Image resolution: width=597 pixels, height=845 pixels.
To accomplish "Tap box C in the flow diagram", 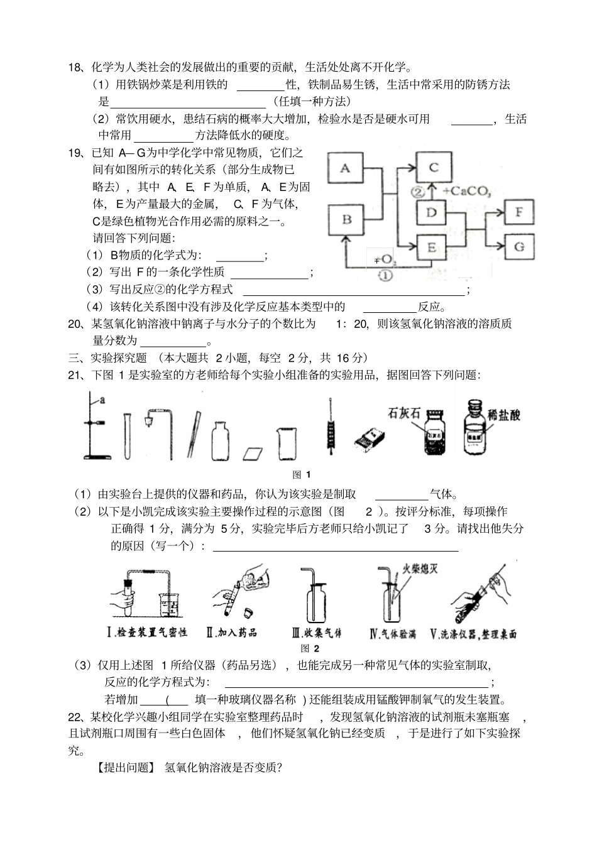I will point(433,167).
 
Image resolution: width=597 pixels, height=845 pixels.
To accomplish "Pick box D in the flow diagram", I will point(431,212).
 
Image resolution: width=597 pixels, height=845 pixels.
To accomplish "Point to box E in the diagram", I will point(431,248).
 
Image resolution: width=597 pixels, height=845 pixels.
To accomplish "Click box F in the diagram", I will point(519,212).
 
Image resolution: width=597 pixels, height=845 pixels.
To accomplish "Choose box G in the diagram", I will point(519,246).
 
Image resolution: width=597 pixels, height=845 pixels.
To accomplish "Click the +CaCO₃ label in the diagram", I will point(466,191).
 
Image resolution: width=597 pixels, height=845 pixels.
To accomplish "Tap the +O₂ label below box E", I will point(383,259).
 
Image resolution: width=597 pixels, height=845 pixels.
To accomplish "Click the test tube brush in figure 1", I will point(331,427).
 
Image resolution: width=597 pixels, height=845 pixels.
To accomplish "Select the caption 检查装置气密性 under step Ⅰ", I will point(152,633).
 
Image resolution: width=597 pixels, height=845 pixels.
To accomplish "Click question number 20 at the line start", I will point(75,324).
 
